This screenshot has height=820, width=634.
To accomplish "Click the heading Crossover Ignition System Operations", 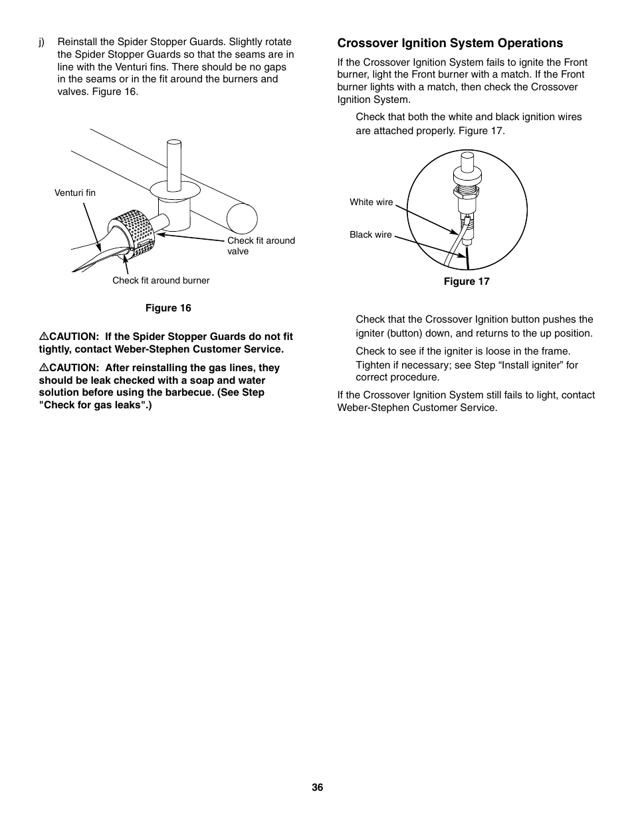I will click(x=450, y=43).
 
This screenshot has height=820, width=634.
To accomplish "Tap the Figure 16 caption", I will click(x=168, y=308).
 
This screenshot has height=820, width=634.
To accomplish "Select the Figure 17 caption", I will click(x=467, y=282).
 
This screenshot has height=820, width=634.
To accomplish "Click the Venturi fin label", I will click(x=74, y=193).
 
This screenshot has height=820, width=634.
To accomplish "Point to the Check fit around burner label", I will click(x=161, y=280).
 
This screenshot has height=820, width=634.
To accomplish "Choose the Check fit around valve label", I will click(x=261, y=246).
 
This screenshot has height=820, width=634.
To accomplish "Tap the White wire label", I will click(x=371, y=202).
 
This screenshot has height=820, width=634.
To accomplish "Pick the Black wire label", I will click(x=370, y=234).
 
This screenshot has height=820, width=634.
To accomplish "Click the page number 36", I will click(x=317, y=787).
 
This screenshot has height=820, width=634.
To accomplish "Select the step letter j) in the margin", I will click(x=41, y=42).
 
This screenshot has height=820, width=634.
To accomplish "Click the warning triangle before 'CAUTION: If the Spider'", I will click(x=43, y=337).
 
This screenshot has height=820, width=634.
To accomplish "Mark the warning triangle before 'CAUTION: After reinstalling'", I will click(x=43, y=368).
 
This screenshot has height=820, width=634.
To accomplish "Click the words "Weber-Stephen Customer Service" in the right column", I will click(x=417, y=408).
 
